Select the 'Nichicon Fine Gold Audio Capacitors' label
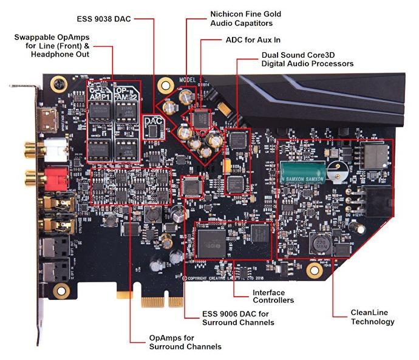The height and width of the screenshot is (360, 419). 242,18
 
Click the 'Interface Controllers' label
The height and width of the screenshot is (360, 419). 273,296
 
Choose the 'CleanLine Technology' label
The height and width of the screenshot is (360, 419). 372,317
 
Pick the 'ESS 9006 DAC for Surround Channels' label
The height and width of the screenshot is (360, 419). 238,318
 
